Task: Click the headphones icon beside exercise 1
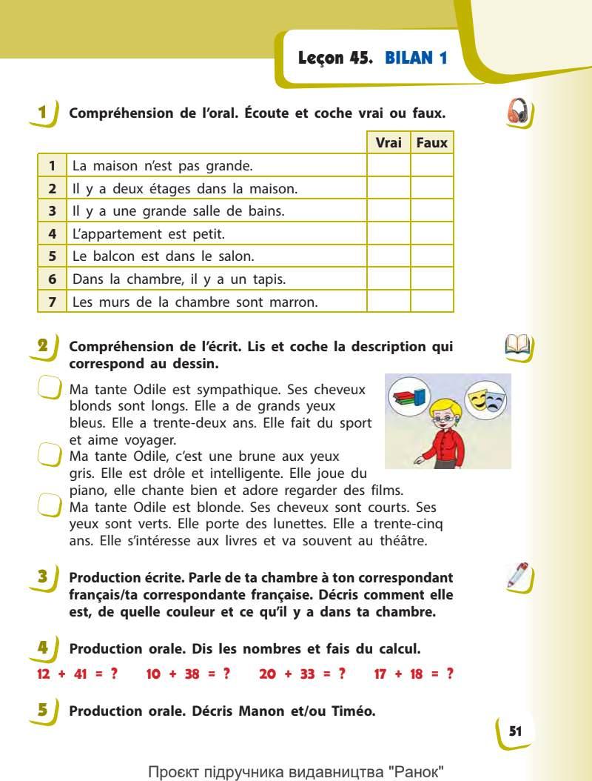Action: coord(520,113)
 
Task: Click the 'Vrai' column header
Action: coord(388,143)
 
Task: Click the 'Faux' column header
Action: coord(432,143)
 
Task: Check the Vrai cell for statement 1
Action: coord(388,166)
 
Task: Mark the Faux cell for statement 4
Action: coord(432,234)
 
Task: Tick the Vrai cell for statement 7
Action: coord(388,302)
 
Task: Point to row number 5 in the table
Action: coord(53,256)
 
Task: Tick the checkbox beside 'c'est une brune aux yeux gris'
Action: coord(49,453)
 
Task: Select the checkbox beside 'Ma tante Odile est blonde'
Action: coord(49,506)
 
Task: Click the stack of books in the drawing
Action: coord(409,396)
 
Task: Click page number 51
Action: coord(515,731)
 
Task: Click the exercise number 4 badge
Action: coord(44,648)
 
